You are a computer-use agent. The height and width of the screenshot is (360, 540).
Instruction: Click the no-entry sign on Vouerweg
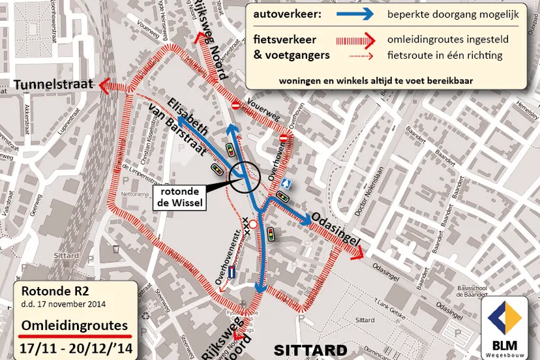point(236,104)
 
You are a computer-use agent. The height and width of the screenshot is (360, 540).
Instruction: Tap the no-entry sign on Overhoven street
point(284,138)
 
